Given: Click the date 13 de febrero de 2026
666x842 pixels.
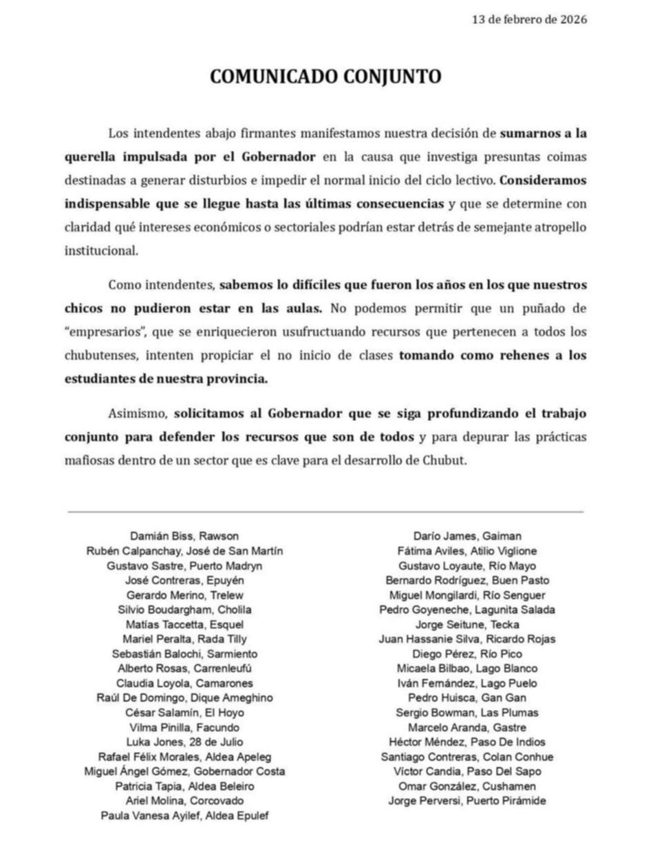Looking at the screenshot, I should (x=529, y=20).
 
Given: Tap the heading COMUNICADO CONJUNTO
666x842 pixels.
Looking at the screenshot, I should (x=325, y=76).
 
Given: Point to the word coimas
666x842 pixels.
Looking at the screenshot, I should (x=567, y=157).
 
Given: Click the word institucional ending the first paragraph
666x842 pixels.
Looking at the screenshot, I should (x=101, y=250).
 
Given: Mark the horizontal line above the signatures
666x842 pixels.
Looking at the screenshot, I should (x=325, y=512).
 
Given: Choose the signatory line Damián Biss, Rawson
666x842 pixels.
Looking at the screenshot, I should (x=184, y=537).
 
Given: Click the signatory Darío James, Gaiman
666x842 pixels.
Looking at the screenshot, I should (x=467, y=537).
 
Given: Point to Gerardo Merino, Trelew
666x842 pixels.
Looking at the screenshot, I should (x=184, y=595).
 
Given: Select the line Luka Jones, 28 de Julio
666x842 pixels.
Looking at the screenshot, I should (x=184, y=742).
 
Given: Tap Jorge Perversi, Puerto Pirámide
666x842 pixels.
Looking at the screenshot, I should (x=467, y=801).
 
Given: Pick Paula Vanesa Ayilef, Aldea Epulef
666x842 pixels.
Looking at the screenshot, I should (x=184, y=816).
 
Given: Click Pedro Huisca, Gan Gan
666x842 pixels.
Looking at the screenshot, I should (x=467, y=698).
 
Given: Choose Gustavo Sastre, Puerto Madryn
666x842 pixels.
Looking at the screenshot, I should (x=184, y=566).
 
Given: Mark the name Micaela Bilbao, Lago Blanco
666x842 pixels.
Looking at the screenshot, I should (x=467, y=669).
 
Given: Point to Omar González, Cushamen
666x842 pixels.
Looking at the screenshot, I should (x=467, y=786).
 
